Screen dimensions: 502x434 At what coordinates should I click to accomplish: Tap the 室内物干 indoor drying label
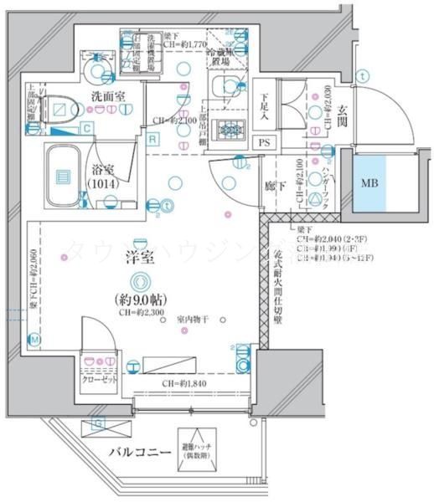(194, 320)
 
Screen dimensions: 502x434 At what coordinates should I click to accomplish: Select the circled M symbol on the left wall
(34, 339)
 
